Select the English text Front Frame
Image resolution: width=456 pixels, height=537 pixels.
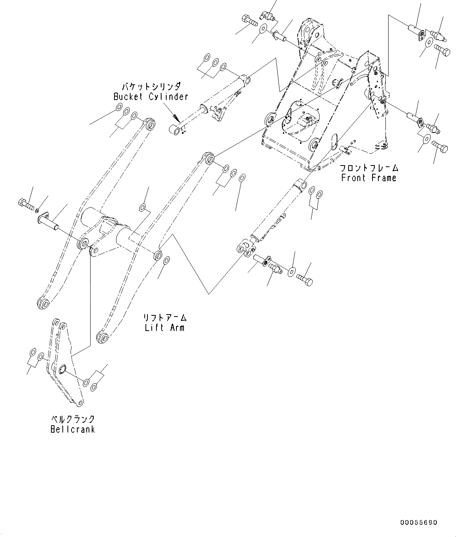[x=369, y=178]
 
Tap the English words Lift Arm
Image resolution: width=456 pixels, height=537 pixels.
[x=164, y=328]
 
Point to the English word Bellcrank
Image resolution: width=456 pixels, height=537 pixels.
[x=73, y=429]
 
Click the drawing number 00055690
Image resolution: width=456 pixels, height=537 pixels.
[x=418, y=523]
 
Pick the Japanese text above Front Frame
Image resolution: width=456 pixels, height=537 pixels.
[x=369, y=168]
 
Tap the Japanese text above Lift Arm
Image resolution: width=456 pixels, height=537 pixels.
[x=164, y=317]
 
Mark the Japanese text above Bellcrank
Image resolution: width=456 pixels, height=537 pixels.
[x=73, y=419]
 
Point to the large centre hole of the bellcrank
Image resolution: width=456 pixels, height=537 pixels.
[x=62, y=369]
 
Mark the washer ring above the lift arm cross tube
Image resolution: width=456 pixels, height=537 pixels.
[x=143, y=207]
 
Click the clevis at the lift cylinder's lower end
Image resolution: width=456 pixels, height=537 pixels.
[x=246, y=248]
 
